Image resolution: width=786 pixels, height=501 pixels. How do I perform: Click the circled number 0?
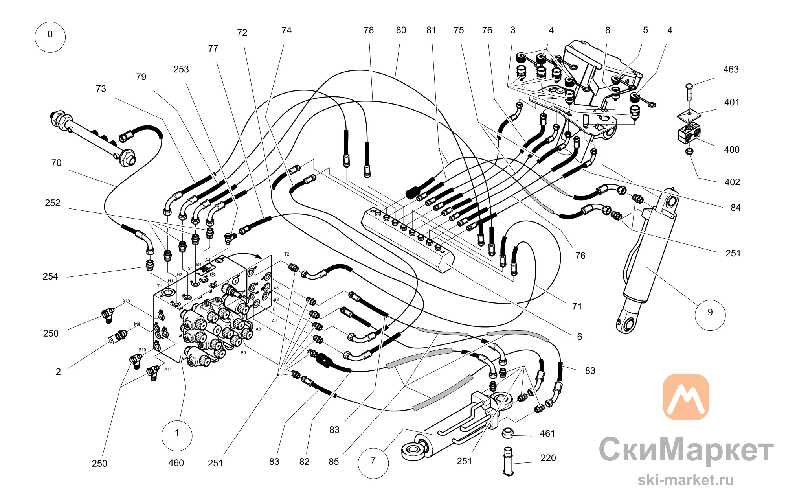(50, 37)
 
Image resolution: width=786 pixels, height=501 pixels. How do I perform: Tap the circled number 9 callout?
(710, 315)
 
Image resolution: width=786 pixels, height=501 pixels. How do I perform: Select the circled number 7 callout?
(373, 463)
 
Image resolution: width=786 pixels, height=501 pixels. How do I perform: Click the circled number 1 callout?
(177, 435)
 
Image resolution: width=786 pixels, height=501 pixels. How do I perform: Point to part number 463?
(731, 70)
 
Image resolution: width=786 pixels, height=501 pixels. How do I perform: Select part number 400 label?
(731, 149)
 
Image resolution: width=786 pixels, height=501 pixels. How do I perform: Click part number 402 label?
(732, 182)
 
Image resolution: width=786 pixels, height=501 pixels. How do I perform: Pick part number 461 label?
(547, 433)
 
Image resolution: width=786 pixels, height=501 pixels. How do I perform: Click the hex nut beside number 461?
(508, 433)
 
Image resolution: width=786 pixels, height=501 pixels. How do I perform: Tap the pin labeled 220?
(508, 461)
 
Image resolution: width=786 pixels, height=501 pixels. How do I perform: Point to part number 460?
(176, 463)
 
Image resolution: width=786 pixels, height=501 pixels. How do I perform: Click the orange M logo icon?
(686, 397)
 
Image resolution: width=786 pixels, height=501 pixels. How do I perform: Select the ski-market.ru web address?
(685, 480)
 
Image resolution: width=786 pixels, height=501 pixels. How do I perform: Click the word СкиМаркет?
(686, 449)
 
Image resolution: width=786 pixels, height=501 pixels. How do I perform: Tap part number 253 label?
(181, 69)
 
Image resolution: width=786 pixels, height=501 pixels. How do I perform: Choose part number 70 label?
(56, 163)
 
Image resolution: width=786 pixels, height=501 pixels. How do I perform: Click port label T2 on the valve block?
(286, 254)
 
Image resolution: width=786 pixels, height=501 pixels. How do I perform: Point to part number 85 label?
(334, 462)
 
